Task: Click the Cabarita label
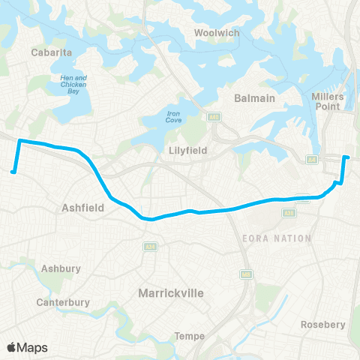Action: click(x=52, y=52)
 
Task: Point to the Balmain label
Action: click(x=256, y=97)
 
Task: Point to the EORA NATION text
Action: click(x=277, y=238)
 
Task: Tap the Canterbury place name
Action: click(x=63, y=302)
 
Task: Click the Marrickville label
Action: click(x=171, y=293)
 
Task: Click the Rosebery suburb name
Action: click(x=322, y=325)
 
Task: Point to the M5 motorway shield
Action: click(x=246, y=275)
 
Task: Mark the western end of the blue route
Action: click(x=13, y=172)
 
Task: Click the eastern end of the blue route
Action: click(x=346, y=157)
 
